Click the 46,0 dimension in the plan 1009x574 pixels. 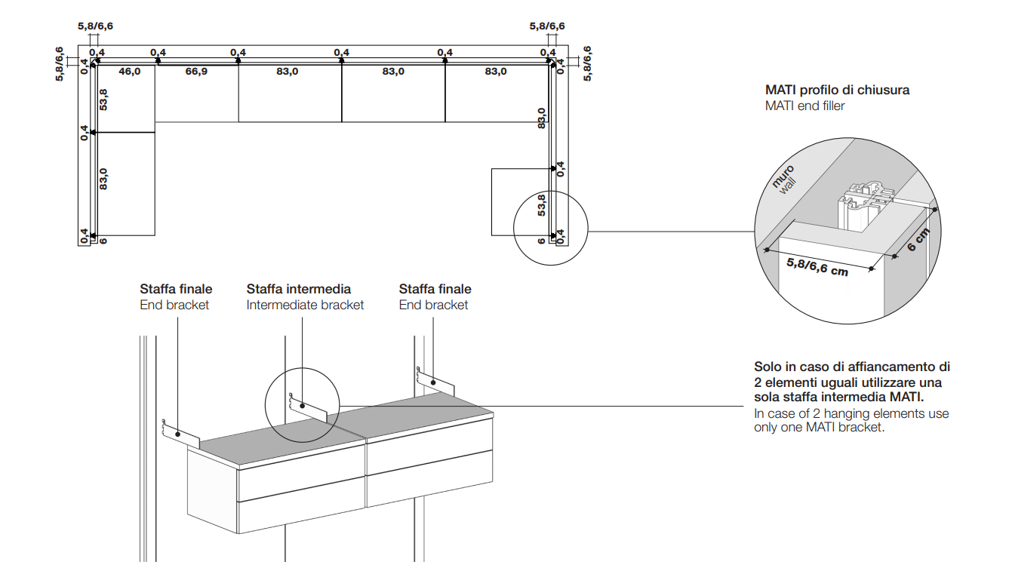pos(129,72)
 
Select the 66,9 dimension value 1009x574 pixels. pos(196,72)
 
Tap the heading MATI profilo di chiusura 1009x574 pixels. pos(837,91)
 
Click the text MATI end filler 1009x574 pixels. pos(804,106)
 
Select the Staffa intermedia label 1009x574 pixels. pos(298,289)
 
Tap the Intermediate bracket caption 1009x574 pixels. pos(305,305)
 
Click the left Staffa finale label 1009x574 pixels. pos(176,289)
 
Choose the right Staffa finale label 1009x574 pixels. pos(435,289)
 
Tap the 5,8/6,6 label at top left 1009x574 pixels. pos(95,26)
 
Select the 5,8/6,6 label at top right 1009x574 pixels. pos(546,26)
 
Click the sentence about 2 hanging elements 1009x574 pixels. pos(851,421)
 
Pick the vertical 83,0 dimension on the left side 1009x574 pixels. pos(103,178)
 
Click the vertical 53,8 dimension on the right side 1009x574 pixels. pos(541,204)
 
